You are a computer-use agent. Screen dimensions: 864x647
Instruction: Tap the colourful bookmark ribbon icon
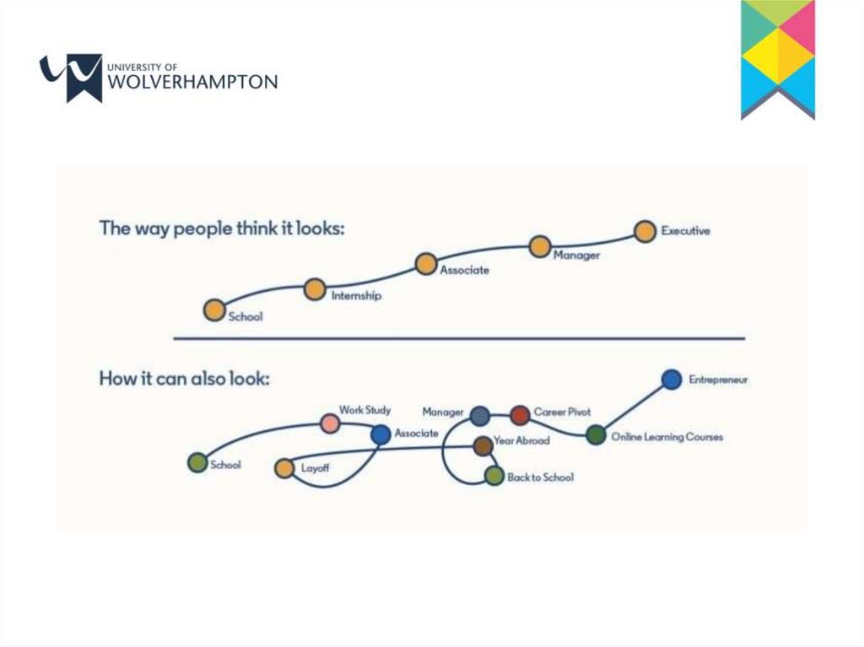pos(777,59)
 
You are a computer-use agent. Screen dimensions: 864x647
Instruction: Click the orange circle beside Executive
pos(645,231)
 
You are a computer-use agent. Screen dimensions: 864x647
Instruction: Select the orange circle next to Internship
pos(315,290)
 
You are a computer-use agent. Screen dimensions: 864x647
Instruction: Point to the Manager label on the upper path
pos(576,256)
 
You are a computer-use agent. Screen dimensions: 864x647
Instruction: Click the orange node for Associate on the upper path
pos(426,264)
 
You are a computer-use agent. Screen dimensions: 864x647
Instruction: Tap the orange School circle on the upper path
pos(215,310)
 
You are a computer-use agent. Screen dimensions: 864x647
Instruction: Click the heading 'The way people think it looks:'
pos(222,229)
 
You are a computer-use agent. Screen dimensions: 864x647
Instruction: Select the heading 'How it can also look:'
pos(185,379)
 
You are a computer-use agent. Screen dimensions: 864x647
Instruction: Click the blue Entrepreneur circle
pos(671,380)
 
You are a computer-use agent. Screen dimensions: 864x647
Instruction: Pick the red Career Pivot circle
pos(520,414)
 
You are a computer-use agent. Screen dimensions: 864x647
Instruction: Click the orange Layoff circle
pos(284,469)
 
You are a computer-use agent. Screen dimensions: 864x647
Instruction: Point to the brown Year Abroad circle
pos(483,445)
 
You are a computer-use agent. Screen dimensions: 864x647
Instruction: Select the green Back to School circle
pos(494,477)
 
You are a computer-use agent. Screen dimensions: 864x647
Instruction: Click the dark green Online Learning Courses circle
pos(596,435)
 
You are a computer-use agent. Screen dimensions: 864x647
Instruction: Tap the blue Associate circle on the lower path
pos(381,434)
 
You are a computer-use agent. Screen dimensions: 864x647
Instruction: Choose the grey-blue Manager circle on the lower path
pos(479,415)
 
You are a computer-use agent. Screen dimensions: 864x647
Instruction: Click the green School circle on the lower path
pos(197,462)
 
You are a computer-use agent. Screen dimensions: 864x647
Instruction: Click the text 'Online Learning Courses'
pos(667,437)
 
